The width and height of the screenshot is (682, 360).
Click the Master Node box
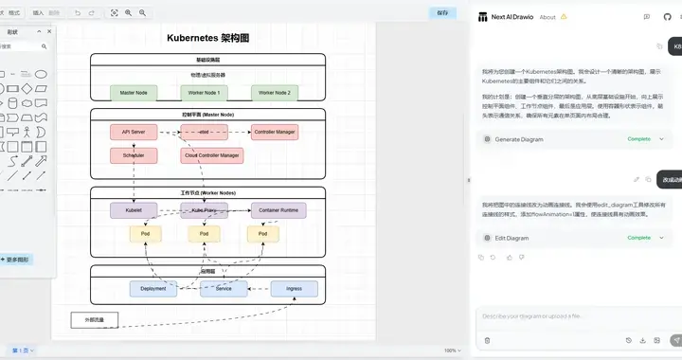tap(134, 93)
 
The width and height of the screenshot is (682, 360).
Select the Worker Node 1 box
tap(205, 93)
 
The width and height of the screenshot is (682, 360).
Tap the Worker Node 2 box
tap(275, 93)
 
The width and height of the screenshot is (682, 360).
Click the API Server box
tap(134, 132)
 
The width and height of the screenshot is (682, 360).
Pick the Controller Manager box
tap(275, 132)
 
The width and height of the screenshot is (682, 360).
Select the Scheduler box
tap(134, 154)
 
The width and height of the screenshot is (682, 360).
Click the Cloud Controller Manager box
tap(206, 154)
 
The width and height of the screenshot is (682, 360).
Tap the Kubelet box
tap(134, 210)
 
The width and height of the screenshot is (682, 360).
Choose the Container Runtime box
tap(278, 210)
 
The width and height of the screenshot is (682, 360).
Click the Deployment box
tap(153, 289)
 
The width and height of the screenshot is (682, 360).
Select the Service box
tap(224, 289)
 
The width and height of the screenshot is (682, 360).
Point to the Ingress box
tap(294, 289)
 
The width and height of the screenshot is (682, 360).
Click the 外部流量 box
tap(94, 319)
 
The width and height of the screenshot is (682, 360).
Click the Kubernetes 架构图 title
tap(207, 38)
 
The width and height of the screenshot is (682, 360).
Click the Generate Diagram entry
tap(519, 139)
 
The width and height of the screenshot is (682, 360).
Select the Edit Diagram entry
tap(511, 238)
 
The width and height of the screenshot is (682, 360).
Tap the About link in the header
tap(547, 16)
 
